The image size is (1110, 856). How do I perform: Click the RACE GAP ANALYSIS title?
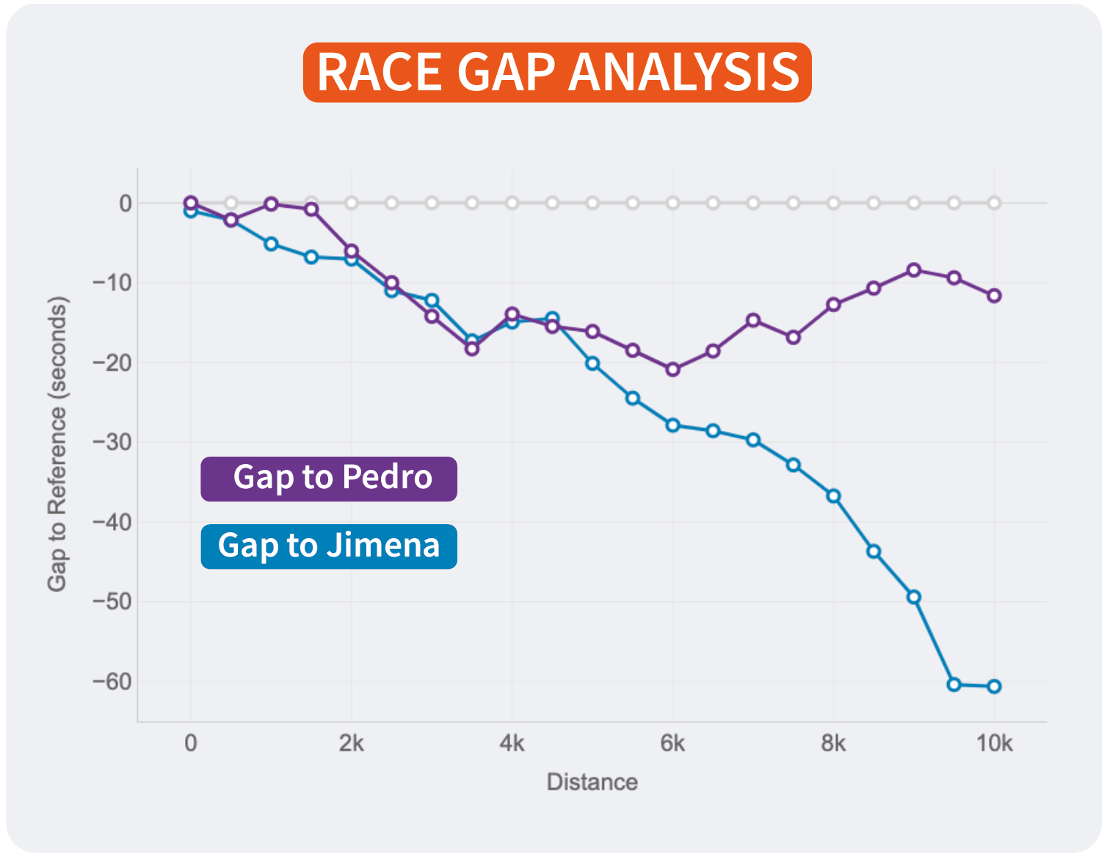click(557, 72)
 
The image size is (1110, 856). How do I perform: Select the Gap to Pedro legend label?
click(329, 479)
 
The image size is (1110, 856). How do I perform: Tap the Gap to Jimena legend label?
click(329, 546)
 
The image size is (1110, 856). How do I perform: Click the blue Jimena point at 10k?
click(994, 686)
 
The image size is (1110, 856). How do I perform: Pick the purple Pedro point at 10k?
click(994, 296)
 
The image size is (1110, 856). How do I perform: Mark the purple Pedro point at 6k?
click(672, 369)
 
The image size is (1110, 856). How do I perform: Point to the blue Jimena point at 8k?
click(833, 496)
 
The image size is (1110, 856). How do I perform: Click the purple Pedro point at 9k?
click(914, 270)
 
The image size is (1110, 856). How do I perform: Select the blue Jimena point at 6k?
click(672, 425)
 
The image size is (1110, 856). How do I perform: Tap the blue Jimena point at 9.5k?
click(954, 684)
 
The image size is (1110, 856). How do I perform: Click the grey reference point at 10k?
click(994, 203)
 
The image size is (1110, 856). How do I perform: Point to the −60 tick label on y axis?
click(112, 681)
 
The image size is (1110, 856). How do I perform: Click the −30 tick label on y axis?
click(112, 442)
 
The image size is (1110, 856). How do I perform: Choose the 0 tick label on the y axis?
click(126, 203)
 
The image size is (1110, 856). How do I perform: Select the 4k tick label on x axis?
click(512, 744)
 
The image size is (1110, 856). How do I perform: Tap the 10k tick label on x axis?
click(994, 744)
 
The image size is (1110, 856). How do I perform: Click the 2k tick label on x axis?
click(351, 744)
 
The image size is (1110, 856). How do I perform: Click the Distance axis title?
click(592, 783)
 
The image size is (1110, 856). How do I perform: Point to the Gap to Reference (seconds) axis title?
click(57, 443)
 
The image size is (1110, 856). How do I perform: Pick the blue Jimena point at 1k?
click(271, 244)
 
